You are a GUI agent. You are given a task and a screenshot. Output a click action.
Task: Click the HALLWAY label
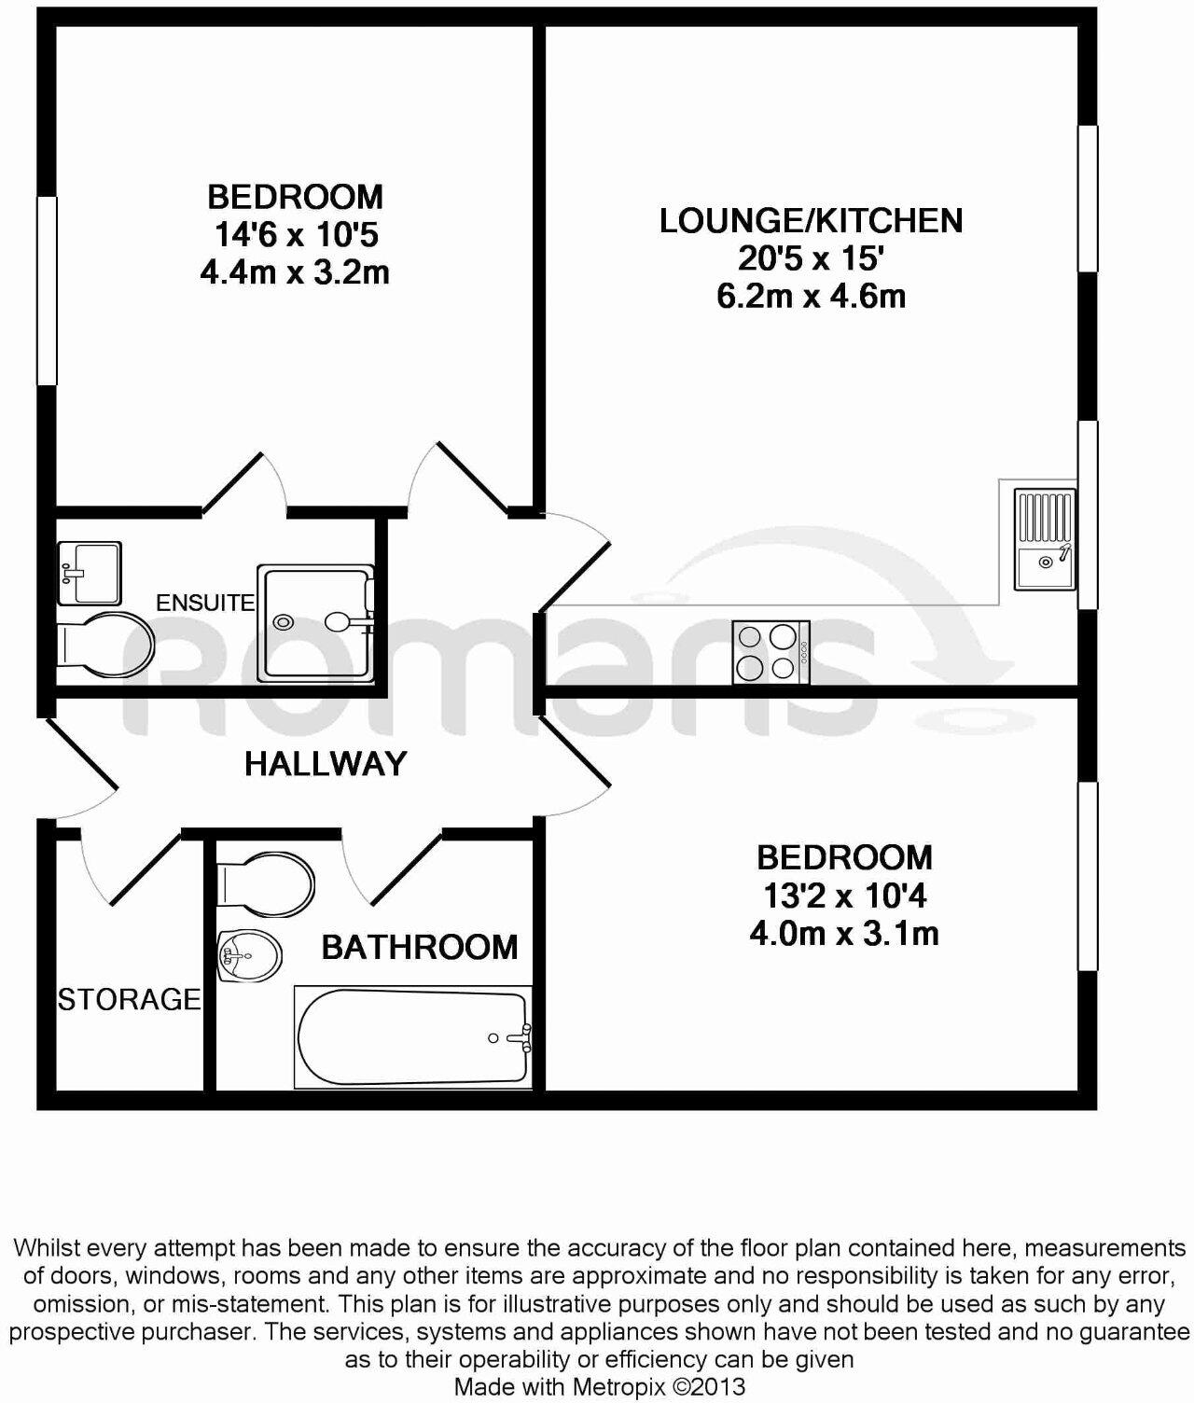pyautogui.click(x=326, y=764)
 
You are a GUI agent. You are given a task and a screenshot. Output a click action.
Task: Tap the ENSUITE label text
pyautogui.click(x=204, y=603)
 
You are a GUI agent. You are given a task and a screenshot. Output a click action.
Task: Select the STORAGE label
pyautogui.click(x=129, y=999)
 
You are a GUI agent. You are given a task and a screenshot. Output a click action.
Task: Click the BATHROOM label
pyautogui.click(x=419, y=947)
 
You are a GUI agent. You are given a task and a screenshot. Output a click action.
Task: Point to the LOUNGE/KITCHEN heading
pyautogui.click(x=811, y=221)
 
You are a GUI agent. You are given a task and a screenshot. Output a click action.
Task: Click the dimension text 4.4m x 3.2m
pyautogui.click(x=294, y=272)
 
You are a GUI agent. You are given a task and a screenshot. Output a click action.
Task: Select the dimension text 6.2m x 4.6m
pyautogui.click(x=811, y=296)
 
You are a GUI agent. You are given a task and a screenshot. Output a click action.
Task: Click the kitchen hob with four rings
pyautogui.click(x=771, y=651)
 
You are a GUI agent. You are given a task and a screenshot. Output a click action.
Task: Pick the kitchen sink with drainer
pyautogui.click(x=1046, y=540)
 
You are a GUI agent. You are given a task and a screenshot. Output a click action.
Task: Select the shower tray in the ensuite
pyautogui.click(x=316, y=619)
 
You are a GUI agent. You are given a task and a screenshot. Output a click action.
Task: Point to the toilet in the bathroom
pyautogui.click(x=266, y=882)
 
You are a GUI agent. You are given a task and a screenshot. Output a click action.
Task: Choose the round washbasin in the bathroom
pyautogui.click(x=249, y=955)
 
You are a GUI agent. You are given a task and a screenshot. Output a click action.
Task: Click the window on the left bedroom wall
pyautogui.click(x=47, y=290)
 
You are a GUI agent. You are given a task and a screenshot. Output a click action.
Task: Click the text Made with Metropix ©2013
pyautogui.click(x=599, y=1387)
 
